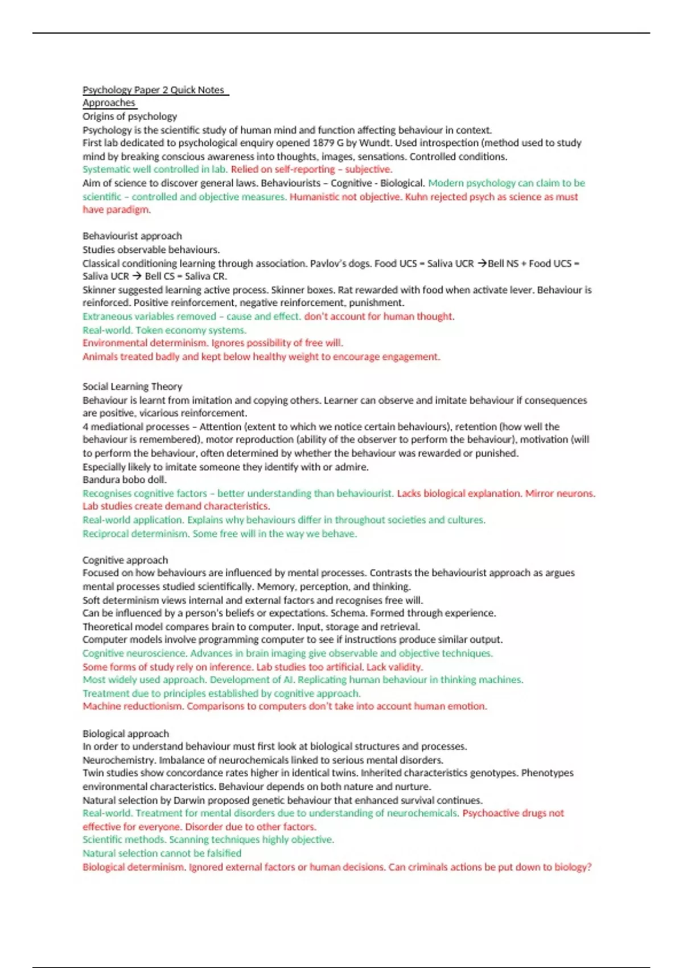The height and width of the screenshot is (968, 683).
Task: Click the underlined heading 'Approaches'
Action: pos(109,103)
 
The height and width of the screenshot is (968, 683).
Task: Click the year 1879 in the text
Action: pos(324,143)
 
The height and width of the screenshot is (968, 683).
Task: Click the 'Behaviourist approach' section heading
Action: pos(132,236)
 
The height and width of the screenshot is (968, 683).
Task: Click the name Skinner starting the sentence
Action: pos(99,290)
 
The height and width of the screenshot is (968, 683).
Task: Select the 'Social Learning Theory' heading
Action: pos(132,387)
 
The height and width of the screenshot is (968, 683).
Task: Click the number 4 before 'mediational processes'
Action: pos(85,426)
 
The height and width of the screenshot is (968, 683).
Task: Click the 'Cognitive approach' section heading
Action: pos(125,560)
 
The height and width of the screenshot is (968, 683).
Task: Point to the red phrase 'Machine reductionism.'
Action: pos(133,706)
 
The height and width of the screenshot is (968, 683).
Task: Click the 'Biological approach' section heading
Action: pos(126,733)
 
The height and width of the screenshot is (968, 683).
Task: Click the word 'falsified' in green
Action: pos(222,853)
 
